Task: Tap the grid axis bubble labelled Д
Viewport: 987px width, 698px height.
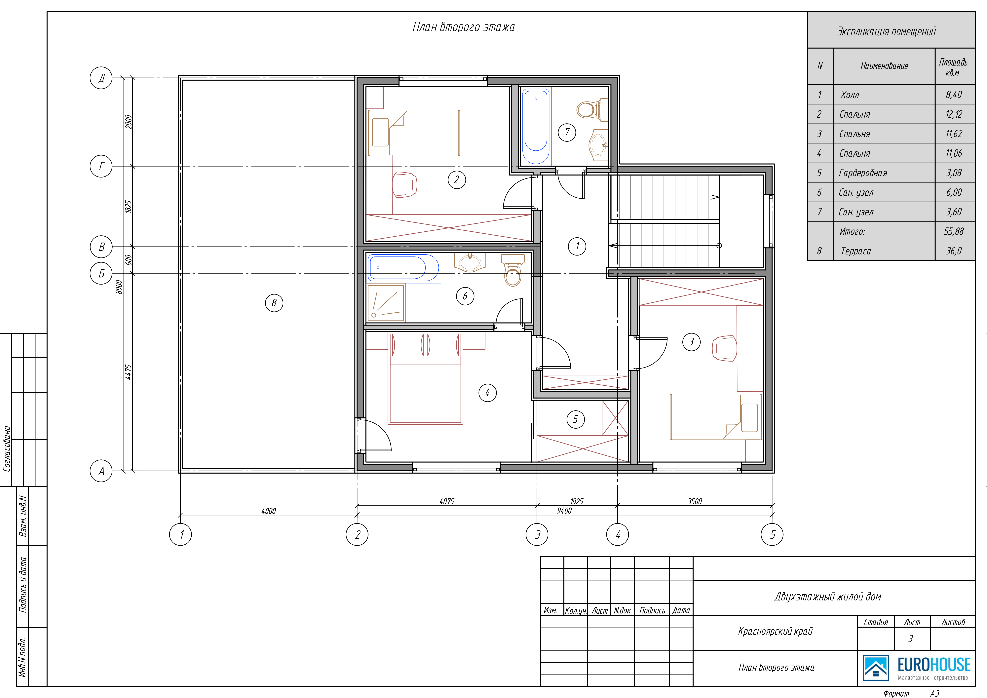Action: tap(101, 78)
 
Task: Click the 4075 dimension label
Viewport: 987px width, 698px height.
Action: tap(447, 501)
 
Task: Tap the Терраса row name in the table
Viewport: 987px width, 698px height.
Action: tap(856, 251)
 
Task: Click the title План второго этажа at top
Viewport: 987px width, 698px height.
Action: tap(463, 27)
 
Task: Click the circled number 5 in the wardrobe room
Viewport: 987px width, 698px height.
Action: tap(576, 419)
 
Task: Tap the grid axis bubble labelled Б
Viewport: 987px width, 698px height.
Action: tap(101, 273)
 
